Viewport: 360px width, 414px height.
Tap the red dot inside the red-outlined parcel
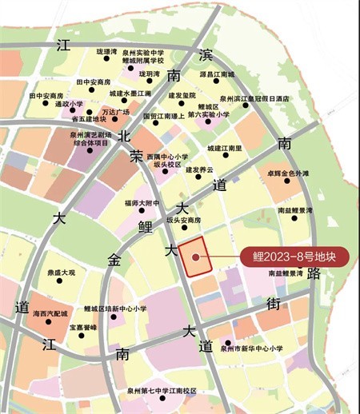pyautogui.click(x=194, y=257)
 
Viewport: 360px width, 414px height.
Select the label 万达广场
pyautogui.click(x=116, y=112)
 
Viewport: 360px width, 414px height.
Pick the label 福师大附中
pyautogui.click(x=142, y=201)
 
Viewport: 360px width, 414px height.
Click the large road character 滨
pyautogui.click(x=207, y=54)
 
